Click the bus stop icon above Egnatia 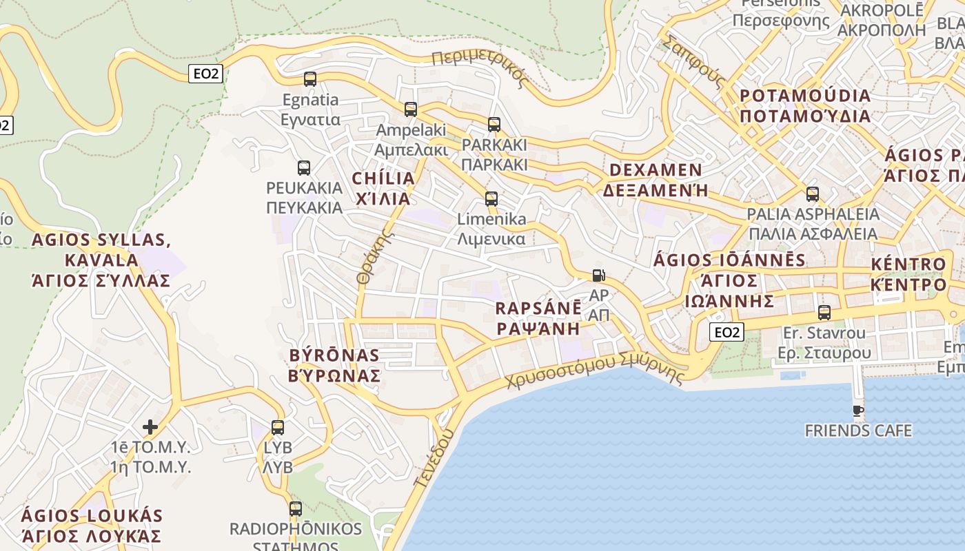[x=310, y=79]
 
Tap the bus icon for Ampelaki [x=411, y=109]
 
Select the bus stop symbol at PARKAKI [x=494, y=125]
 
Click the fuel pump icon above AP [x=598, y=275]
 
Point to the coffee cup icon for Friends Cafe [x=858, y=411]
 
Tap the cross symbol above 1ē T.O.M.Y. [x=150, y=427]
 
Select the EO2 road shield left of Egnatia [x=205, y=74]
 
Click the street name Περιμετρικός [x=480, y=67]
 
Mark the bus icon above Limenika [x=491, y=199]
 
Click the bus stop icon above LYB [x=278, y=428]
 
